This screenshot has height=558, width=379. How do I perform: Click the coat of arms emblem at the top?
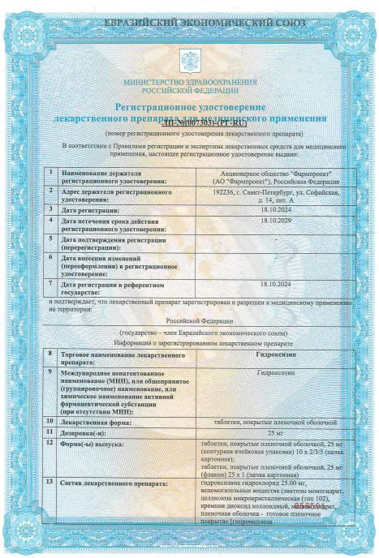point(191,61)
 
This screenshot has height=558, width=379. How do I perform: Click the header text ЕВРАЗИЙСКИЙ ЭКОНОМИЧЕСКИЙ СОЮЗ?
point(190,18)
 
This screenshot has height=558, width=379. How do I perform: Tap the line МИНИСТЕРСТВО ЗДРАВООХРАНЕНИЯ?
point(191,84)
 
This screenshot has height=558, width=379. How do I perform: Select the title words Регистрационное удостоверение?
point(190,106)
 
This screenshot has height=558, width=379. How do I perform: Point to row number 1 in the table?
point(50,173)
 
